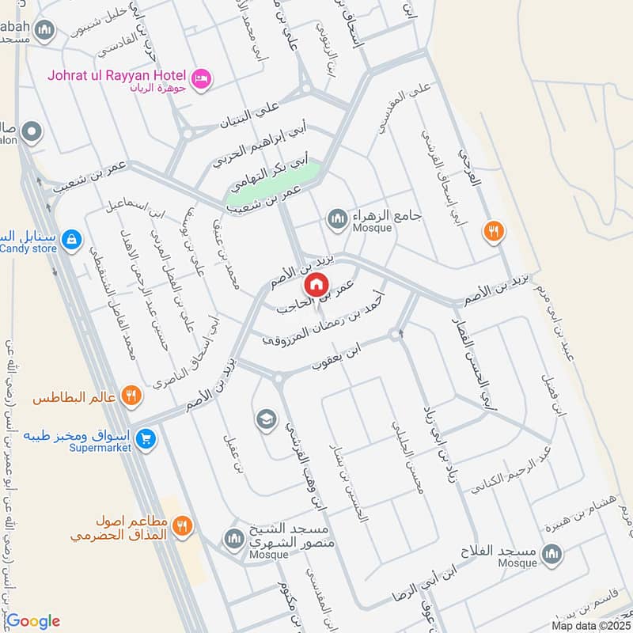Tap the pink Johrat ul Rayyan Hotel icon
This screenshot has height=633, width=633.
click(x=201, y=78)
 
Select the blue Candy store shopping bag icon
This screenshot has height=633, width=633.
click(x=71, y=237)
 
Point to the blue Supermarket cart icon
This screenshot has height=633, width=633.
click(x=146, y=438)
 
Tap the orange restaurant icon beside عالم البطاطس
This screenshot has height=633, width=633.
click(x=132, y=397)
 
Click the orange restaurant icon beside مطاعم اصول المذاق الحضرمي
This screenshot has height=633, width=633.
click(x=183, y=526)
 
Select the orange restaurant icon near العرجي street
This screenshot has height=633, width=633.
click(x=494, y=232)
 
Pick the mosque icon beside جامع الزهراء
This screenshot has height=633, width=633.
click(x=338, y=218)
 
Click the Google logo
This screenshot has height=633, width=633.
click(x=32, y=620)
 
